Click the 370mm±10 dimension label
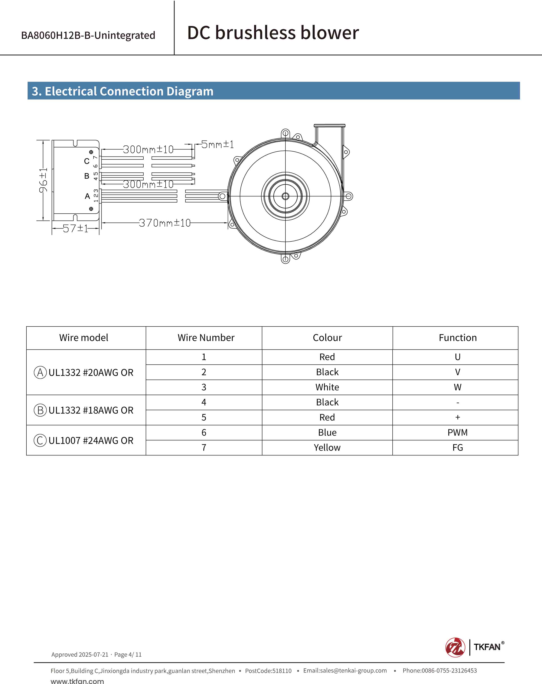[x=165, y=223]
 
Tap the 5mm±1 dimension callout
[x=218, y=145]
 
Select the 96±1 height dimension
[x=43, y=180]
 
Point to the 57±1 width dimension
[x=75, y=228]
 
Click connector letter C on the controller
[x=86, y=161]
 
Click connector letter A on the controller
[x=87, y=196]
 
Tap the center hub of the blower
[x=285, y=196]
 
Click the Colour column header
[x=327, y=338]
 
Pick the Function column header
[x=457, y=338]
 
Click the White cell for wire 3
[x=327, y=387]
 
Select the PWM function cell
[x=457, y=432]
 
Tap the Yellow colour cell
[x=327, y=448]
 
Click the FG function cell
[x=457, y=448]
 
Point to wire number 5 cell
[x=204, y=417]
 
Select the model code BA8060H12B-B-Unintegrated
[x=88, y=35]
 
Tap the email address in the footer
[x=345, y=670]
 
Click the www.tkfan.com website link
[x=77, y=681]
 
